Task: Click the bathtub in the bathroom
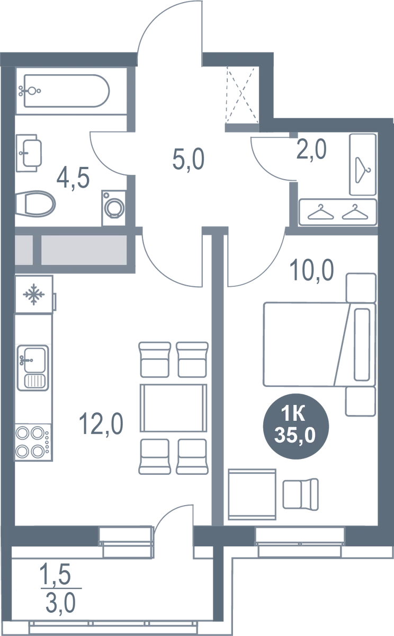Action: point(67,91)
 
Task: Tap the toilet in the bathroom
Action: point(35,204)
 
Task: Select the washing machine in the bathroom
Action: point(114,208)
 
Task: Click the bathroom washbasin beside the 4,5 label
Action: point(29,153)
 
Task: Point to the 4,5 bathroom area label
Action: point(73,178)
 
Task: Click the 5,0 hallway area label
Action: point(189,160)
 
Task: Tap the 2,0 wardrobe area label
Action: point(311,149)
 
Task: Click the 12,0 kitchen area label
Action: point(101,423)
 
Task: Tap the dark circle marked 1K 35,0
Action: point(296,426)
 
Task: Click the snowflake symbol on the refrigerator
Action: point(34,295)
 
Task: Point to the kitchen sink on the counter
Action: point(33,368)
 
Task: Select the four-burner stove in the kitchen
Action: point(33,443)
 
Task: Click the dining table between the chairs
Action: point(173,408)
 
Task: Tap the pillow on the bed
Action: point(362,344)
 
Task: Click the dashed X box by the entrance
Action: point(243,95)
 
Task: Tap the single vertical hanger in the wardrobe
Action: point(363,170)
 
